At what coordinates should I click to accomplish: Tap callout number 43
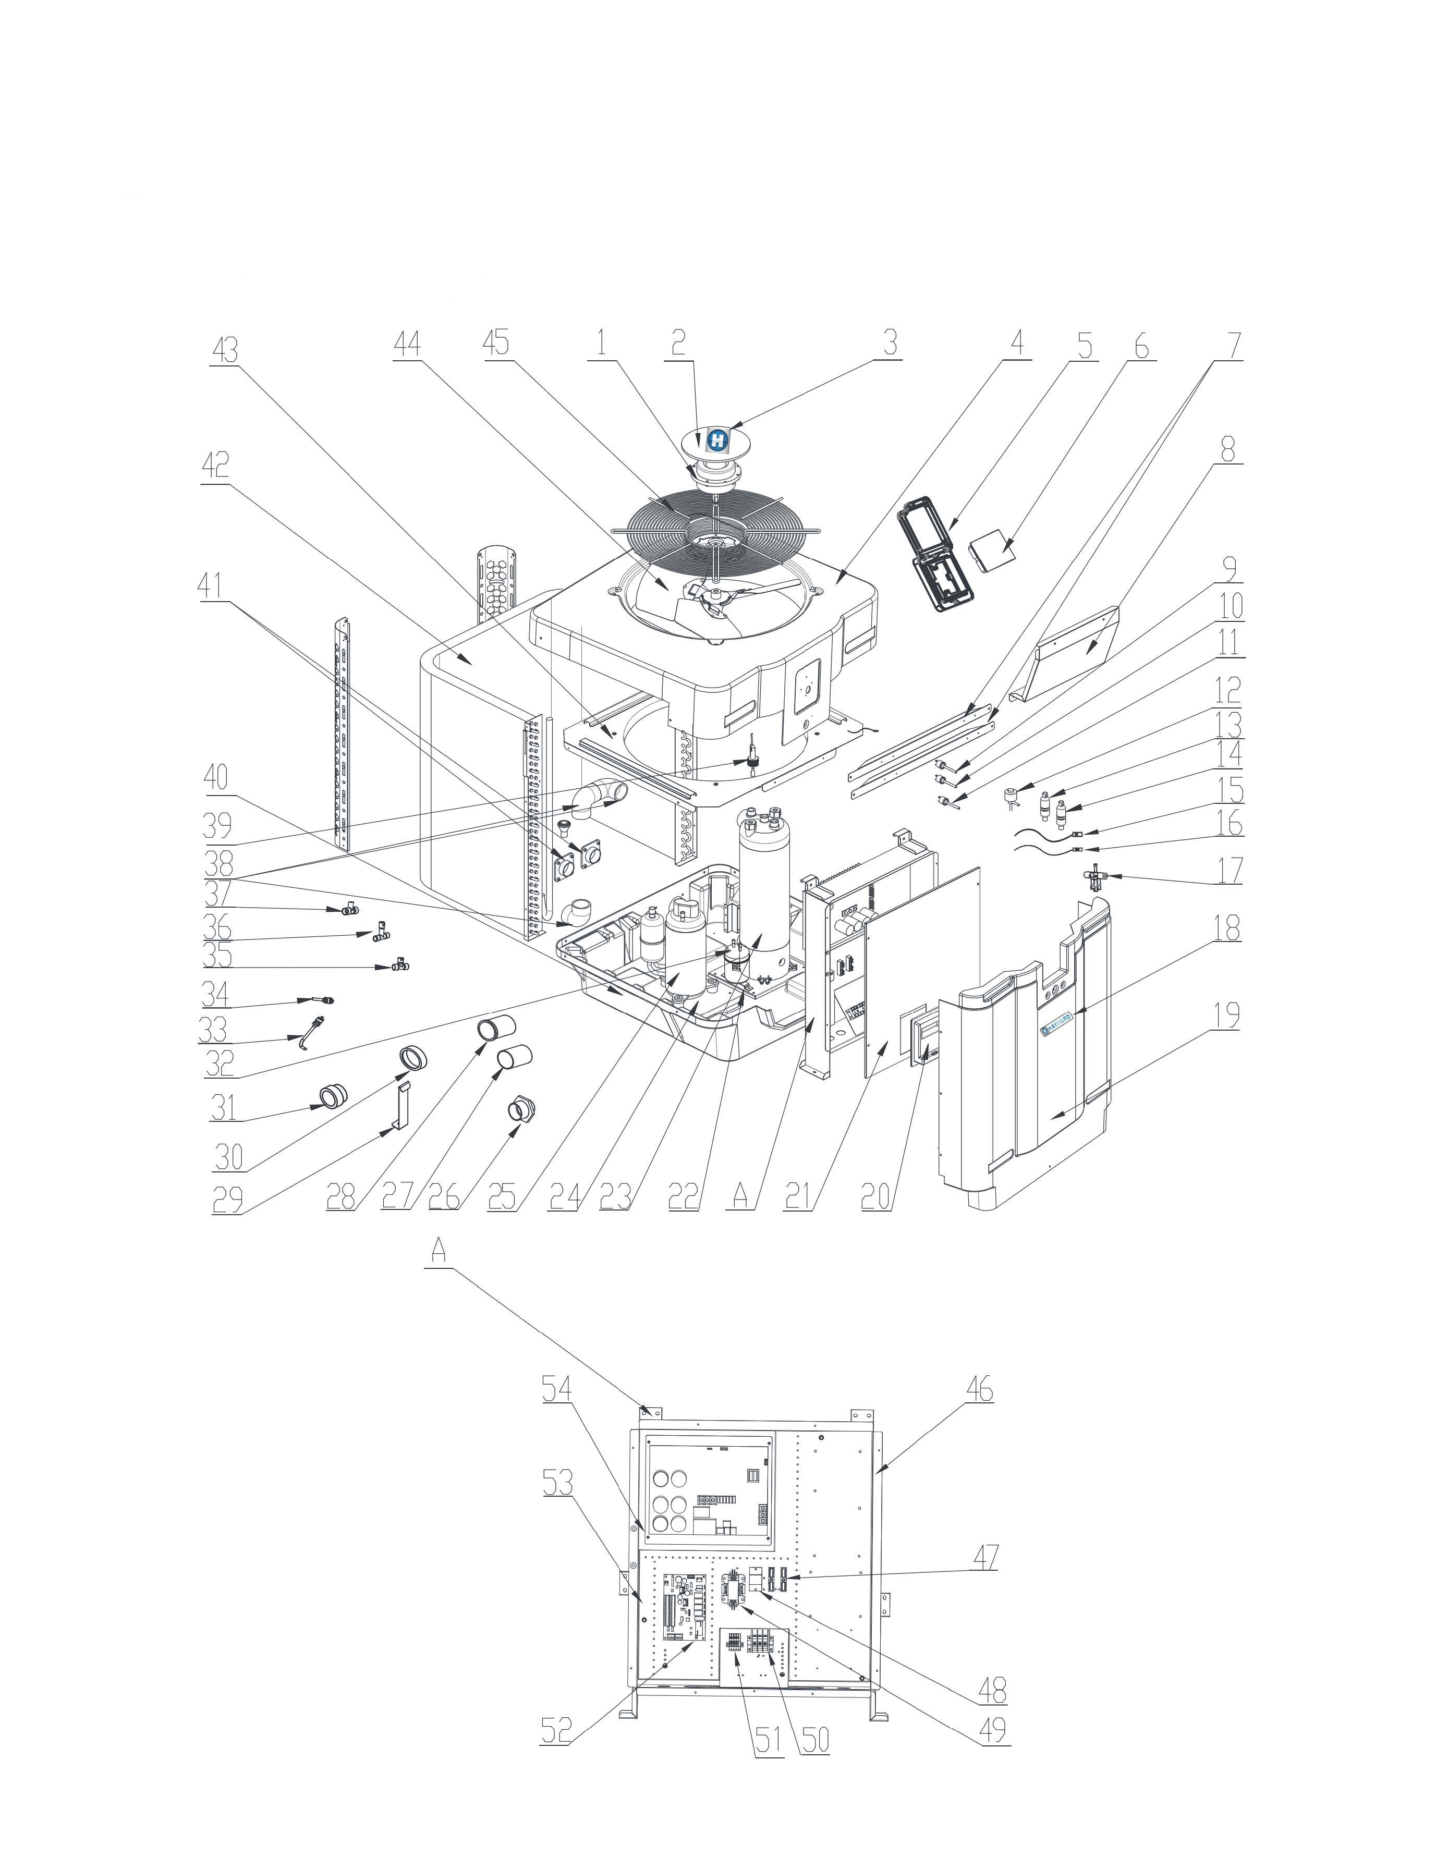click(x=225, y=350)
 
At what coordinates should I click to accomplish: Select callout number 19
click(x=1227, y=1014)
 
